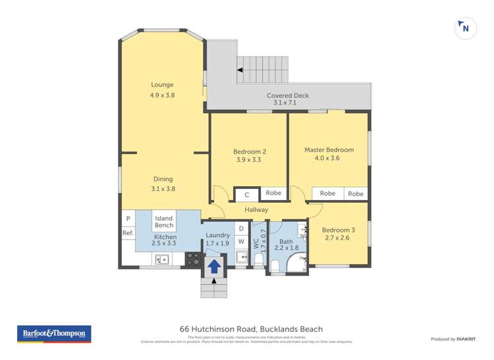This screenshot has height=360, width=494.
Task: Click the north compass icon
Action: coord(465,28)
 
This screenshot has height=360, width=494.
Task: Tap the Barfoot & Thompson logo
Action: coord(54,334)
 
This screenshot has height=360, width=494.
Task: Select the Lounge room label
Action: coord(162,85)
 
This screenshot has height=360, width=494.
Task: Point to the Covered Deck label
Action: coord(287,95)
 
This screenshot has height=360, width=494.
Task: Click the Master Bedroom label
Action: coord(329,150)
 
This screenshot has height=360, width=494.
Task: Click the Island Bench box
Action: coord(164,222)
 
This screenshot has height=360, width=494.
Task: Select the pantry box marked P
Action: coord(127,219)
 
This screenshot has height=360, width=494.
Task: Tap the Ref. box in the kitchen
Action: coord(127,233)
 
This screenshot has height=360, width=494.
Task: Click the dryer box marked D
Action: coord(241,228)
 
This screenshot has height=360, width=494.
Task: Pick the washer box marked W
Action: coord(241,242)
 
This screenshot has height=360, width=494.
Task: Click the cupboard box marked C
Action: coord(247,195)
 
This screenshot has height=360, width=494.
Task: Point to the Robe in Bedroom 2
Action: coord(273,193)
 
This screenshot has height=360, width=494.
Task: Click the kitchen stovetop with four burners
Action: coord(193,259)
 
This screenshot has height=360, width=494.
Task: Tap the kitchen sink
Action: coord(162,259)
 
